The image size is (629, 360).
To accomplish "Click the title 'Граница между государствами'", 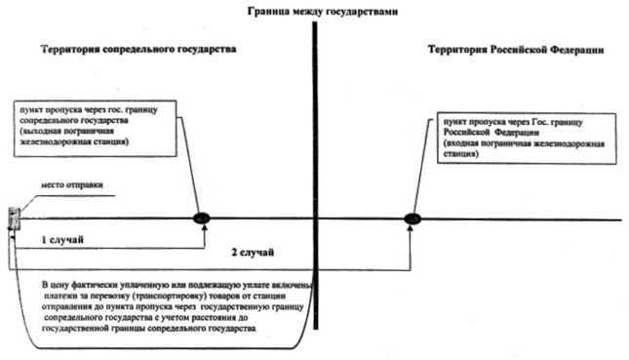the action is (x=323, y=12).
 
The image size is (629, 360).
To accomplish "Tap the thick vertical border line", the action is (x=315, y=176).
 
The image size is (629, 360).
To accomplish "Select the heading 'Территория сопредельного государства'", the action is (x=138, y=50).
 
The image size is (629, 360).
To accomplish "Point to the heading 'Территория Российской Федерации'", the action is (x=516, y=50).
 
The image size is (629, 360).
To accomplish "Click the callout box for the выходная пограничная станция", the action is (x=95, y=128).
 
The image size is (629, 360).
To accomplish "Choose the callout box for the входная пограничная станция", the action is (x=527, y=139).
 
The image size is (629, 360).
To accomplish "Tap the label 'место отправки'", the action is (x=72, y=185).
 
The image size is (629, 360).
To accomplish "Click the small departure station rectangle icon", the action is (x=15, y=219).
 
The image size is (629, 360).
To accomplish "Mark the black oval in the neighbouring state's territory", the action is (x=201, y=219).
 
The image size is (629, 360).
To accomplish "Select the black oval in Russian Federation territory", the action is (x=413, y=219).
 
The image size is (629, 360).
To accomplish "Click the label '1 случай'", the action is (x=62, y=240).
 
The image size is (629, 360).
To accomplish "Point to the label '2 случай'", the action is (x=253, y=253).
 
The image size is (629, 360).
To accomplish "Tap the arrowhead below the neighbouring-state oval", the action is (x=205, y=227).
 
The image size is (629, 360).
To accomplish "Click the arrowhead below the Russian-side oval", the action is (x=410, y=228).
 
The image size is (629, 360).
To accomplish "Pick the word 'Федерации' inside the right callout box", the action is (x=517, y=133).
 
